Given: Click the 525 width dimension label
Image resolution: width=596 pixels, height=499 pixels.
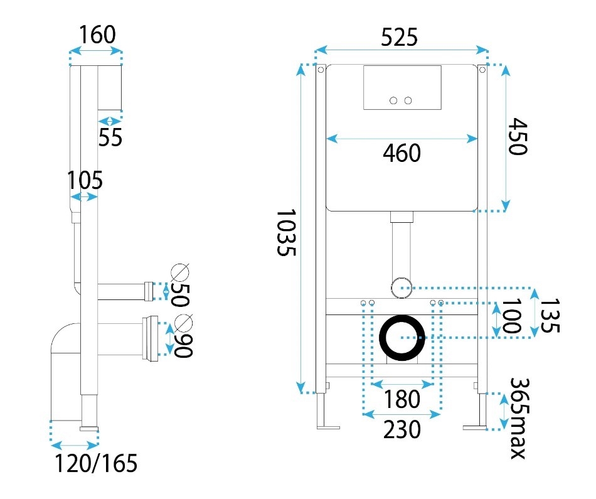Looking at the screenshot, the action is pyautogui.click(x=399, y=37).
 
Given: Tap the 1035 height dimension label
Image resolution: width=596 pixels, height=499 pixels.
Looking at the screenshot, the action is pyautogui.click(x=286, y=232).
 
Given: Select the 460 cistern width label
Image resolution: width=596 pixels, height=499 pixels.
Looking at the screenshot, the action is pyautogui.click(x=402, y=153).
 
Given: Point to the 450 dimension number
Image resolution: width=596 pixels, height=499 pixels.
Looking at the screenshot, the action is pyautogui.click(x=518, y=136).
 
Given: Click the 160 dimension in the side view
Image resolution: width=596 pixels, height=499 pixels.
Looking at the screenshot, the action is pyautogui.click(x=97, y=35).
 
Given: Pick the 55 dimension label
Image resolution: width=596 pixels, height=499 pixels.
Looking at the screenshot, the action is pyautogui.click(x=110, y=137).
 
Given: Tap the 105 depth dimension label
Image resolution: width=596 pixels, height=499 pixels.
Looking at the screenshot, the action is pyautogui.click(x=85, y=180).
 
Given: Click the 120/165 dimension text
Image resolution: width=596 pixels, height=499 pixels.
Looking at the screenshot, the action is pyautogui.click(x=96, y=463).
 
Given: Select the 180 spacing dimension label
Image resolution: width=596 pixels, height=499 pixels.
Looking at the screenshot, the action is pyautogui.click(x=402, y=399).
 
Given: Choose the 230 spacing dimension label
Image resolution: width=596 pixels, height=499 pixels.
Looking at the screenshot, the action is pyautogui.click(x=402, y=429).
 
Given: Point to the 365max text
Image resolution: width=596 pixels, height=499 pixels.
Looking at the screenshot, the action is pyautogui.click(x=519, y=418).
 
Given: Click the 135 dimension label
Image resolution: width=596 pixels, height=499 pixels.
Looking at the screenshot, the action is pyautogui.click(x=550, y=315).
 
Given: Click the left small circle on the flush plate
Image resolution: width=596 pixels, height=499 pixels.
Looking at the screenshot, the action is pyautogui.click(x=393, y=100).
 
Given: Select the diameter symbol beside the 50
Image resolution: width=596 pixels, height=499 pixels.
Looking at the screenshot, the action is pyautogui.click(x=180, y=272).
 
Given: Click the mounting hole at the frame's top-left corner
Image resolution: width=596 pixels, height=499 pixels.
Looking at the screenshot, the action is pyautogui.click(x=321, y=70).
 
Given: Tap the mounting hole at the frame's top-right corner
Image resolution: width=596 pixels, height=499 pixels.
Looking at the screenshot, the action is pyautogui.click(x=482, y=70).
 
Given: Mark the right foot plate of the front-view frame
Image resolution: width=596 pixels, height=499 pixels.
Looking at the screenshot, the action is pyautogui.click(x=475, y=427).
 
